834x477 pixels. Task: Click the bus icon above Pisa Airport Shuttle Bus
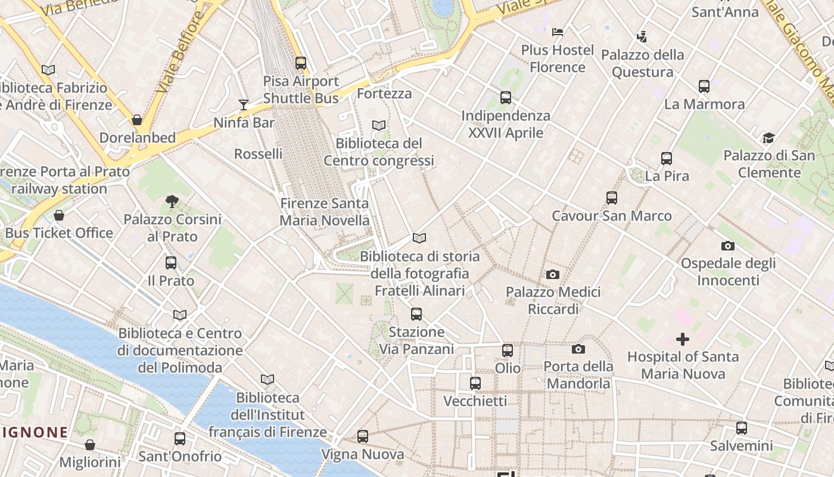301,63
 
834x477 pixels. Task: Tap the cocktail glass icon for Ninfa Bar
243,105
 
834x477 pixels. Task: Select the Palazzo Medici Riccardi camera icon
553,274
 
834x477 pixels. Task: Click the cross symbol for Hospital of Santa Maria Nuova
683,339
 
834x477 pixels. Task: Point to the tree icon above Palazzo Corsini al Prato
172,201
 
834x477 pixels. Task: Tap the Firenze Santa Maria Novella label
325,212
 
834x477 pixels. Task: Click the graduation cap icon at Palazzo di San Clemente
768,138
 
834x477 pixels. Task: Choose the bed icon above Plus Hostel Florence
558,32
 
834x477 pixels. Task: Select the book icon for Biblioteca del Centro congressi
378,125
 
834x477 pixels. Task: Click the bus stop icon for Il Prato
171,262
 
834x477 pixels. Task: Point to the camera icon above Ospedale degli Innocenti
727,246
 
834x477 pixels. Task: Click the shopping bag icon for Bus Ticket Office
58,215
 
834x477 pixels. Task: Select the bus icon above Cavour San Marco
611,197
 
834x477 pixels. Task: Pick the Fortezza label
384,94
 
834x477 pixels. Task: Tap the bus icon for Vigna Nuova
362,436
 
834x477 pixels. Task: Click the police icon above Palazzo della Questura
642,37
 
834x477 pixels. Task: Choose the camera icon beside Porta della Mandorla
578,349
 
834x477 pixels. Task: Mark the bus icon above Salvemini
741,428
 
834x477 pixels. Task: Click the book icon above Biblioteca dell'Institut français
267,379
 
